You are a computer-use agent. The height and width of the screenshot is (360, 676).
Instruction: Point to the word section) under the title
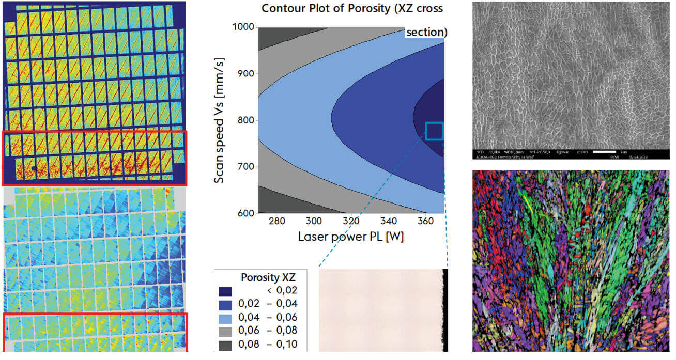tap(426, 32)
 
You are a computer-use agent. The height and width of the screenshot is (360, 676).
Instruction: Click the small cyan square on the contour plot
tap(434, 131)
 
